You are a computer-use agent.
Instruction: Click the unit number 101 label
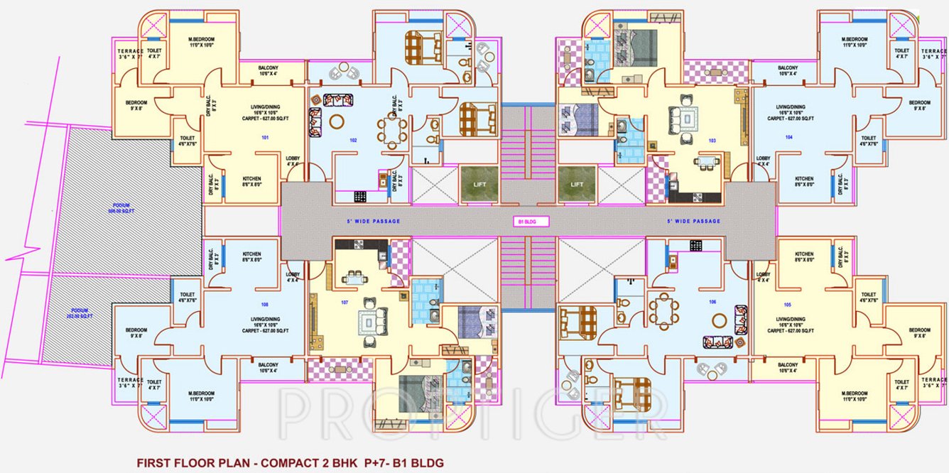[265, 136]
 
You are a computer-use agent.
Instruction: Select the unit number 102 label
[353, 140]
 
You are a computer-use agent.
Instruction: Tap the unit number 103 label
[712, 141]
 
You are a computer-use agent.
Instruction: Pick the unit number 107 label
[345, 303]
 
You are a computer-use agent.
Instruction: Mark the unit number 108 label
[265, 304]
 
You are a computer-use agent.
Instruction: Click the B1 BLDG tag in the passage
[526, 222]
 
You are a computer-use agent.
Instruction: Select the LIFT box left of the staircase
[479, 184]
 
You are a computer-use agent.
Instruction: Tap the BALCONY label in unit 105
[787, 367]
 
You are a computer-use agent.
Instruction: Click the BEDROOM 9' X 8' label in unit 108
[136, 333]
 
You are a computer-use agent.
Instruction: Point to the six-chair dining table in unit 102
[392, 129]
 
